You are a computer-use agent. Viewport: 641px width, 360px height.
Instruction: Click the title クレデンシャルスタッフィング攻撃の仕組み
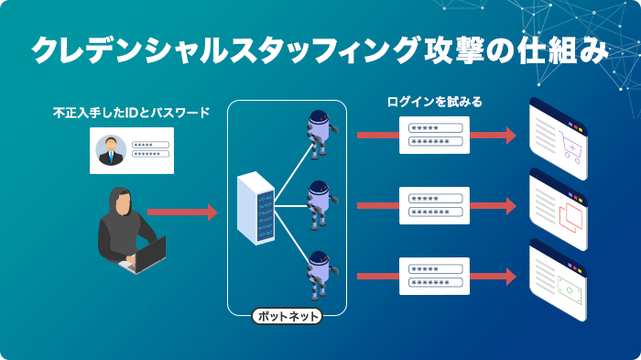[320, 49]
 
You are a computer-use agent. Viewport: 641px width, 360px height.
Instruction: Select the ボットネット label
[287, 317]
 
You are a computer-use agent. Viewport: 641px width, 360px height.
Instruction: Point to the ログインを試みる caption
[434, 102]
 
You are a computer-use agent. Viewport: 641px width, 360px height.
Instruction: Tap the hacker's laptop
[145, 254]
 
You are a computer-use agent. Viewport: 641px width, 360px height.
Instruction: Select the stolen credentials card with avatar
[131, 149]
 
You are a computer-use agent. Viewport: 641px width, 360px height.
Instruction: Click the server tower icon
[255, 210]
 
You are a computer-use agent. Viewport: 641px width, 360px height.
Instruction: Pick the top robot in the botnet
[318, 133]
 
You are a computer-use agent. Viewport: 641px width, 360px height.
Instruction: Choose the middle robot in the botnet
[318, 203]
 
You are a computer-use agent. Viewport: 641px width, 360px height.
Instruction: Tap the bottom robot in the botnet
[318, 273]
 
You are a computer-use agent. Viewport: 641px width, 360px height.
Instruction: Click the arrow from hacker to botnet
[182, 213]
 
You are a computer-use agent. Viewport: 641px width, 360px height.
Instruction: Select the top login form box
[434, 135]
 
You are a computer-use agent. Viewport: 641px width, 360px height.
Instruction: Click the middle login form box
[434, 205]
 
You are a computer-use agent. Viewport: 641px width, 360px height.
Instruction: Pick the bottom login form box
[434, 276]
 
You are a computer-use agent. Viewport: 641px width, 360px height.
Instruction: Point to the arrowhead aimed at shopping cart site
[510, 136]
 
